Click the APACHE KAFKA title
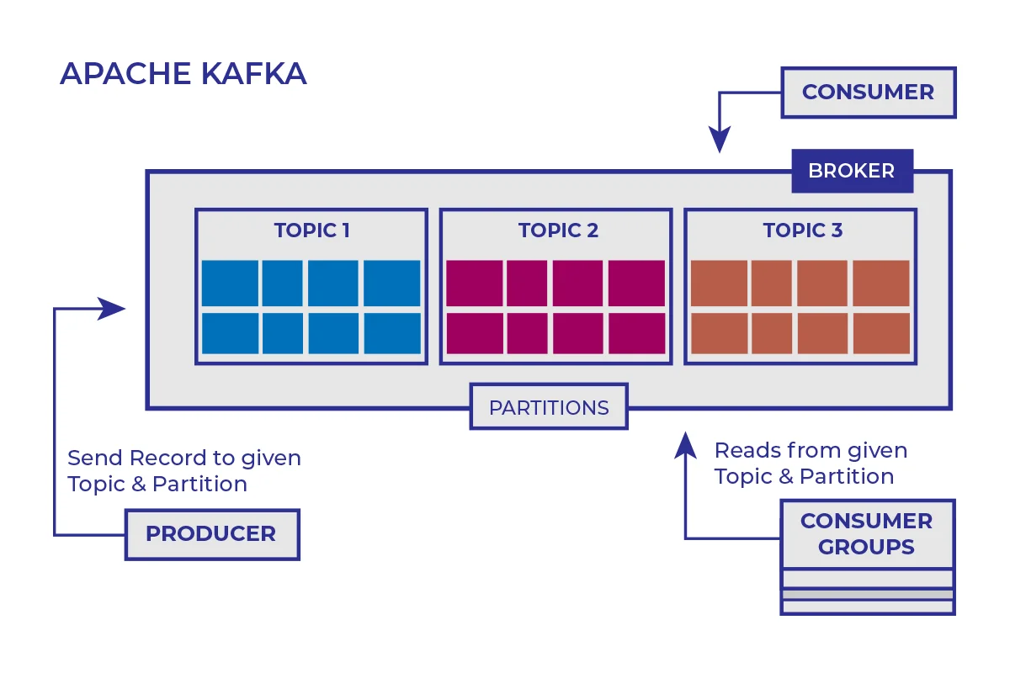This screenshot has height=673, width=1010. click(183, 74)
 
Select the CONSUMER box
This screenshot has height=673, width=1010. click(868, 93)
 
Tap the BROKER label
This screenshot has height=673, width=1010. click(851, 171)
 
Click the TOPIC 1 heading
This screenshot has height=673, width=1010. click(311, 231)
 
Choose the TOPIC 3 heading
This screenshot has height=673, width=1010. click(802, 231)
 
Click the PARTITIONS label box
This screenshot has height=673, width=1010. click(549, 408)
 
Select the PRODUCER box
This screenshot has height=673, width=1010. click(211, 533)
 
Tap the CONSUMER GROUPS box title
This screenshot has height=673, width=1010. click(867, 533)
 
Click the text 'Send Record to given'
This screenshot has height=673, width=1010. click(184, 458)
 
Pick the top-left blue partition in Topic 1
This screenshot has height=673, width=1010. click(230, 284)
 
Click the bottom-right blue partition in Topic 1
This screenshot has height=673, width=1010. click(392, 334)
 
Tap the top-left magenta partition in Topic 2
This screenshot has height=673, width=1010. click(474, 284)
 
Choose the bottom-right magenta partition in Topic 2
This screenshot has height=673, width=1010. click(636, 334)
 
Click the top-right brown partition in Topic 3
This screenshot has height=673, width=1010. click(881, 284)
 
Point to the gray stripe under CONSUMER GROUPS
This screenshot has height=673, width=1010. click(868, 595)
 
